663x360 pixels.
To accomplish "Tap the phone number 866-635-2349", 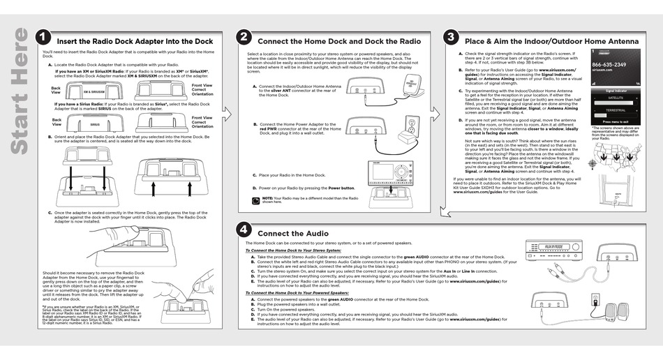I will (609, 65).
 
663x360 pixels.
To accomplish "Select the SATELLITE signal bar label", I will (615, 98).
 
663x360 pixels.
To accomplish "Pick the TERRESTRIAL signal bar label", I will (615, 110).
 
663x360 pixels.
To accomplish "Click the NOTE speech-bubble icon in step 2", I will (257, 200).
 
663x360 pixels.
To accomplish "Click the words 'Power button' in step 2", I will (341, 188).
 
